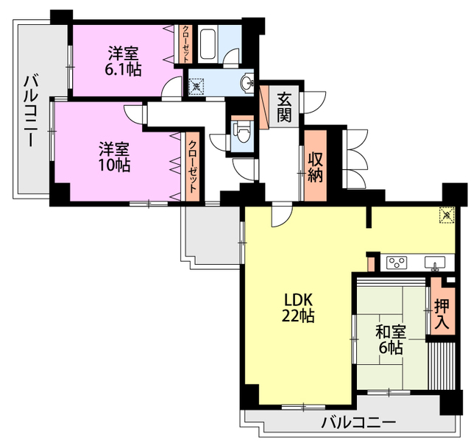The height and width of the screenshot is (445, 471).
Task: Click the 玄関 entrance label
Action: (x=285, y=107)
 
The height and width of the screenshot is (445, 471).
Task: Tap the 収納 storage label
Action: (x=316, y=166)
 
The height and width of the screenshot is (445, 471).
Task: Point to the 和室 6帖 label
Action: (x=389, y=339)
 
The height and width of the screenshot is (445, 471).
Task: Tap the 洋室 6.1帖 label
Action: (x=124, y=60)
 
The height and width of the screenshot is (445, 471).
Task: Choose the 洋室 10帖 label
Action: (x=114, y=155)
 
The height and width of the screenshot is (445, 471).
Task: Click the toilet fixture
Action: (x=242, y=132)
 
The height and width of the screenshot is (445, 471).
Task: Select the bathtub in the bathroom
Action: (x=208, y=46)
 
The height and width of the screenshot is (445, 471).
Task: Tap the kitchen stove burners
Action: (x=397, y=262)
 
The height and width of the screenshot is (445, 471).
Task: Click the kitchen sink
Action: (x=434, y=263)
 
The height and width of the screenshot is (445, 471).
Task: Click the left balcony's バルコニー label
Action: (x=32, y=110)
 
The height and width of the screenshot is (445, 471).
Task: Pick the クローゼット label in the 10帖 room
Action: (x=192, y=167)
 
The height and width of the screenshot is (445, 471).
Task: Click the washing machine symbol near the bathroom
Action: (x=196, y=87)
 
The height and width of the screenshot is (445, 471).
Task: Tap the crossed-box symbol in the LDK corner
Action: (x=447, y=215)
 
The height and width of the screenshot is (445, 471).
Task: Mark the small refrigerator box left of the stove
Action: (x=372, y=261)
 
